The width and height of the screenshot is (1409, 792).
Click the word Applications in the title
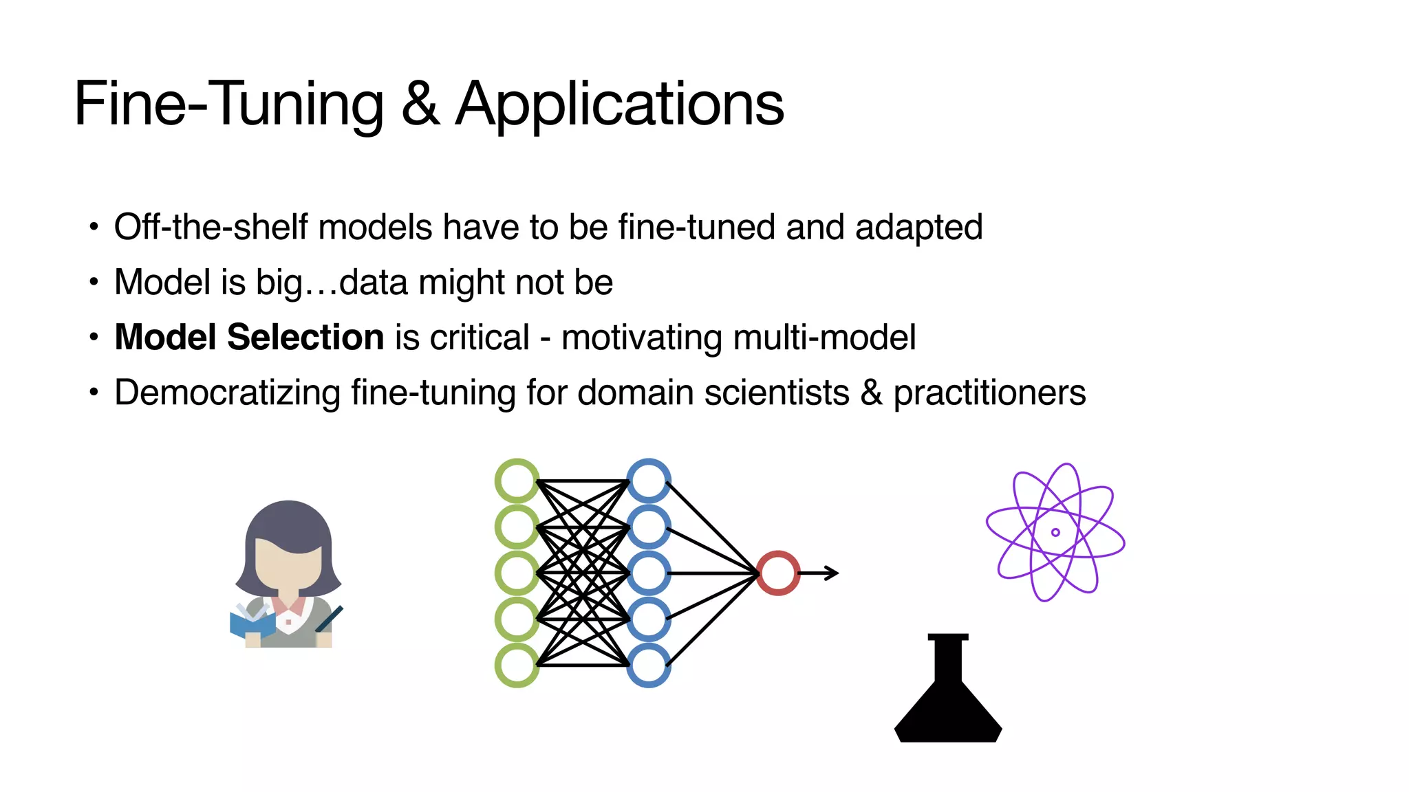pos(619,104)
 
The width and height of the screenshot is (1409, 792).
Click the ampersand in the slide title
pos(420,104)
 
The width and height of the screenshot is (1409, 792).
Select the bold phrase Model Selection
pos(249,337)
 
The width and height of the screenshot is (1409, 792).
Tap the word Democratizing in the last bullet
pos(227,393)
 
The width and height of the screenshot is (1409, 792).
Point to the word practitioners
pos(989,393)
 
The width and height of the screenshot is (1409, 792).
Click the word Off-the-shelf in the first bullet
pos(210,227)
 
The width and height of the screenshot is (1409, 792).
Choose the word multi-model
pos(824,337)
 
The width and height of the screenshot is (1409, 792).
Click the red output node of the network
pos(778,573)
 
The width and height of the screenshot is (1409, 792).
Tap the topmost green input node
pos(517,481)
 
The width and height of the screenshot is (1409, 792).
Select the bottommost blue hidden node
pos(649,665)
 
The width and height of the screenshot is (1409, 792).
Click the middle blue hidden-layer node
pos(649,573)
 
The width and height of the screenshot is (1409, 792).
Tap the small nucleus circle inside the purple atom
pos(1055,532)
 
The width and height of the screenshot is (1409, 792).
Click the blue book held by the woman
pos(251,624)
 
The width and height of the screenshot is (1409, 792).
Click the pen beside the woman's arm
pos(330,619)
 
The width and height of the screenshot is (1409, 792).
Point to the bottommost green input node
pos(517,665)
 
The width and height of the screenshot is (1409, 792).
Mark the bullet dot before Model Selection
pos(94,338)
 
